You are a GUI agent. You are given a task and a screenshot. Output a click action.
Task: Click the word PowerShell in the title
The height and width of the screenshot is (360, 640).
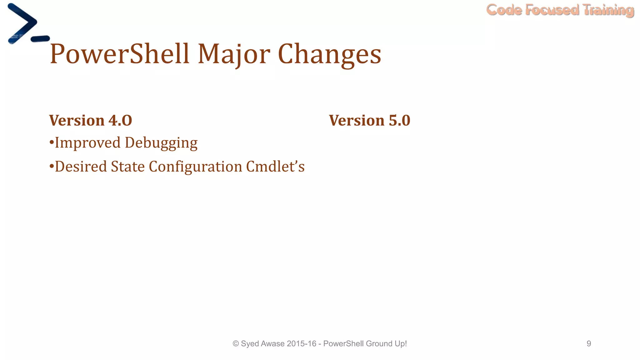tap(119, 54)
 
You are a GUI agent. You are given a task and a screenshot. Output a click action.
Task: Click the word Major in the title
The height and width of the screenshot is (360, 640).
tap(234, 54)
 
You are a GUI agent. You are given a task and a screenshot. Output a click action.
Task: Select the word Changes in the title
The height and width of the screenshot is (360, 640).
tap(329, 54)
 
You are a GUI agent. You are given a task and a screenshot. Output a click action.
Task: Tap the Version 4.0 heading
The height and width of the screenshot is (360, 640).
tap(91, 120)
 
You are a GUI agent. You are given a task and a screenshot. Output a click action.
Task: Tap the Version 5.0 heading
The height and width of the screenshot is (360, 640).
tap(369, 120)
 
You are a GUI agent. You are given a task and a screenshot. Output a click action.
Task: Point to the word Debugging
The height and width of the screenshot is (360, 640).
tap(161, 143)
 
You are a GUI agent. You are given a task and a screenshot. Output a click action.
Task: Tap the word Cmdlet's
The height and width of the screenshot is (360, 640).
tap(275, 166)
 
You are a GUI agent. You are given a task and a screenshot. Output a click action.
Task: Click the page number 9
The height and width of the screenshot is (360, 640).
tap(589, 344)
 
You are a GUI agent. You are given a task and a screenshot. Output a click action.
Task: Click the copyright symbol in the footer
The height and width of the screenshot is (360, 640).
tap(236, 344)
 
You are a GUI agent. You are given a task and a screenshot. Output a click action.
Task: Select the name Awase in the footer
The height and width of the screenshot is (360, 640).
tap(272, 344)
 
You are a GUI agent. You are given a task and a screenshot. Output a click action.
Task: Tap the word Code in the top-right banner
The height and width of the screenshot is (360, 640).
tap(504, 10)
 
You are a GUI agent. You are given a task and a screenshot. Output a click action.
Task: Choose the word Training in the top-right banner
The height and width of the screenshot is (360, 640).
tap(608, 10)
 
